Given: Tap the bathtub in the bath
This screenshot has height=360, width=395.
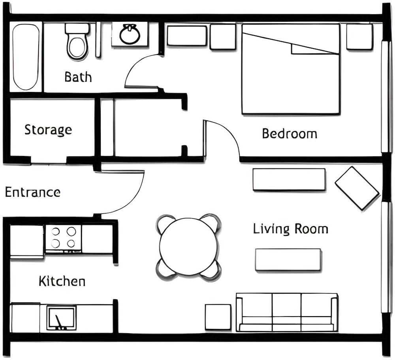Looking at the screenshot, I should pyautogui.click(x=26, y=56).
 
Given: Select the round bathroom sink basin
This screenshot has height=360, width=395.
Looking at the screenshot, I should pyautogui.click(x=130, y=35).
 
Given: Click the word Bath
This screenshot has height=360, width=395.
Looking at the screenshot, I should pyautogui.click(x=78, y=77).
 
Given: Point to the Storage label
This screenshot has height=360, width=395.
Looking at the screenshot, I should pyautogui.click(x=48, y=129).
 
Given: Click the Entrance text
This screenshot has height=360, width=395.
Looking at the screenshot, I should pyautogui.click(x=32, y=193).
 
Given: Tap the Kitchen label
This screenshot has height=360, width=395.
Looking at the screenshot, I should pyautogui.click(x=62, y=281).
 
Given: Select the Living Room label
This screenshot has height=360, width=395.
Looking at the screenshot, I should pyautogui.click(x=290, y=229).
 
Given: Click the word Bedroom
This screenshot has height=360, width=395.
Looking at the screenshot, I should pyautogui.click(x=290, y=134).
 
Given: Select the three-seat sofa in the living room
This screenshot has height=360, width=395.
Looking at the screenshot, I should pyautogui.click(x=287, y=312).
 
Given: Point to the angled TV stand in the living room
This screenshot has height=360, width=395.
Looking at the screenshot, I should pyautogui.click(x=357, y=188).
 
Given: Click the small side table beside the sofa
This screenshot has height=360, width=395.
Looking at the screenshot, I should pyautogui.click(x=218, y=317).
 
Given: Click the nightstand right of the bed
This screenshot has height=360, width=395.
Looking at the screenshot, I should pyautogui.click(x=359, y=37).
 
